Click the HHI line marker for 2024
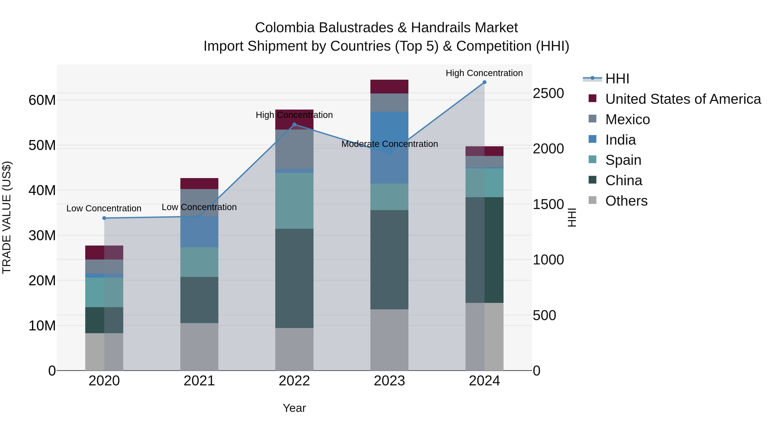click(484, 82)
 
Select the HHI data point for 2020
click(104, 218)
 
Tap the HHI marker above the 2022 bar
click(294, 125)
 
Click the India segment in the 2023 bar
click(389, 147)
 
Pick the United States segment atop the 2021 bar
click(199, 183)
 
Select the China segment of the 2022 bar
click(294, 278)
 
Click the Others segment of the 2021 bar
click(199, 346)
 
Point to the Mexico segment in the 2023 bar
click(389, 102)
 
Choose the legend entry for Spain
click(623, 160)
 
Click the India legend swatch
click(592, 139)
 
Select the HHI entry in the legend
click(617, 79)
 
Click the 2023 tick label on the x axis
click(389, 381)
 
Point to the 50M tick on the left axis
click(42, 145)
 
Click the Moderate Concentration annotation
click(390, 144)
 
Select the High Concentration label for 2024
click(484, 73)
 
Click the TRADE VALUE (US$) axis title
click(7, 217)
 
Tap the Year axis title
click(294, 408)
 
